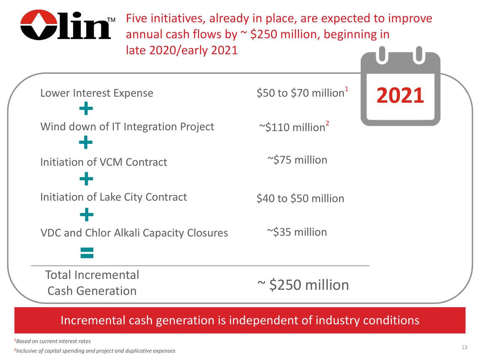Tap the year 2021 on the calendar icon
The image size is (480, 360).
pyautogui.click(x=400, y=96)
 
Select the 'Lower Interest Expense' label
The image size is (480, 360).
pyautogui.click(x=97, y=93)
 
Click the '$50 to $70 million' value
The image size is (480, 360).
pyautogui.click(x=300, y=93)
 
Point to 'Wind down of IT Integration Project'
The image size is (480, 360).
pyautogui.click(x=127, y=127)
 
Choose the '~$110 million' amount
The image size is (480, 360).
pyautogui.click(x=292, y=127)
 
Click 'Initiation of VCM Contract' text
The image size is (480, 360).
pyautogui.click(x=103, y=162)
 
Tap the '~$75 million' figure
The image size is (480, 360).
pyautogui.click(x=297, y=160)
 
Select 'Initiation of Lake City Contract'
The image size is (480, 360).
pyautogui.click(x=113, y=197)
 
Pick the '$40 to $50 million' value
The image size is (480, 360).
pyautogui.click(x=300, y=198)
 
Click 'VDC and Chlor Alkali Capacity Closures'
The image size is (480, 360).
pyautogui.click(x=134, y=233)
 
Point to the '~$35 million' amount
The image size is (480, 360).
pyautogui.click(x=297, y=232)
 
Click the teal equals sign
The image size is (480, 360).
pyautogui.click(x=87, y=253)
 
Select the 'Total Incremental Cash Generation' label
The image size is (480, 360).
pyautogui.click(x=92, y=283)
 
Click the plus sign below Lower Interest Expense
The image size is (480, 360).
pyautogui.click(x=86, y=109)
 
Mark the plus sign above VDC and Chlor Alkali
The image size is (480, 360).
pyautogui.click(x=86, y=215)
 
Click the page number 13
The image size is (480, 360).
pyautogui.click(x=464, y=348)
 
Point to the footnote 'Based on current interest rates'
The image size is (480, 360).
pyautogui.click(x=53, y=341)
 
